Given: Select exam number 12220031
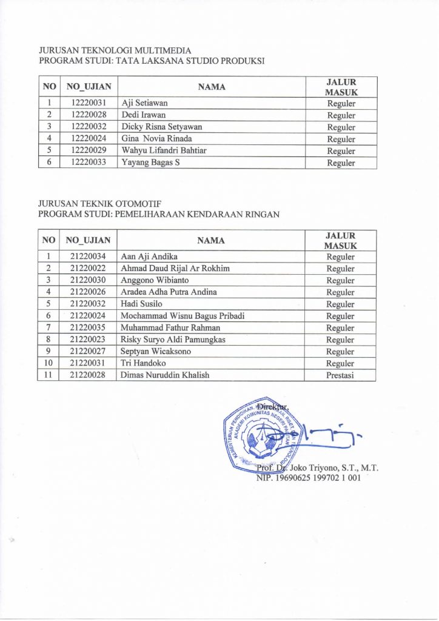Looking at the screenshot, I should click(89, 103).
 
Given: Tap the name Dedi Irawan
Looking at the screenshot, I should click(144, 115).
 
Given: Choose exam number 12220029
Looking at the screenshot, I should click(89, 150).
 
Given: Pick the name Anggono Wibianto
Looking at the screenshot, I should click(155, 280).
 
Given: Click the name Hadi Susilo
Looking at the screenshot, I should click(142, 304).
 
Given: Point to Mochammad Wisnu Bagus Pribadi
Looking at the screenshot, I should click(183, 316).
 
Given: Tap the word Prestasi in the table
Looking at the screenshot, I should click(340, 375).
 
